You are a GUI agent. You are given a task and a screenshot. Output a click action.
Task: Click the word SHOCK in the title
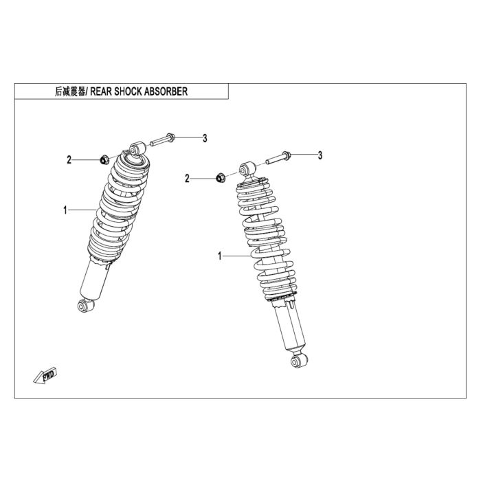point(128,91)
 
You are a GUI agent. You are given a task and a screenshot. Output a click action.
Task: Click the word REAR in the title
point(101,91)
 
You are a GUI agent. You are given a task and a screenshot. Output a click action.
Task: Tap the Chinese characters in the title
point(70,91)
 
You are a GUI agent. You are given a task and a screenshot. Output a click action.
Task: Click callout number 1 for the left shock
point(65,210)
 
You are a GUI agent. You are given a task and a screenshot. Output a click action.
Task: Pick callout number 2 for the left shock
point(69,160)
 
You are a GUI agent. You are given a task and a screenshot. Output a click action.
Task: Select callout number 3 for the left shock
point(205,138)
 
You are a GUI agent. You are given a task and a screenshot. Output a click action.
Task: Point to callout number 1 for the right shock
point(220,256)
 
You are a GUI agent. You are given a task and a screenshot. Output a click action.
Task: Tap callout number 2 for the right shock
point(187,179)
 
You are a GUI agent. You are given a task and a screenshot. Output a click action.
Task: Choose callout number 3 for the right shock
point(320,155)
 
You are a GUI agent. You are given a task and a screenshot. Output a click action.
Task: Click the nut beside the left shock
point(104,160)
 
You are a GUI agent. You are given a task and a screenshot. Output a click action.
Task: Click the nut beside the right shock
point(221,178)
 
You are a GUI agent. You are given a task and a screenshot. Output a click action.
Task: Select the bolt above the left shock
point(163,140)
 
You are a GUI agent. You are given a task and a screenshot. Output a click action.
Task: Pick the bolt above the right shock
point(278,157)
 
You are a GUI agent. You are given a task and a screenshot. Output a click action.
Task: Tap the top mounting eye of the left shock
point(137,148)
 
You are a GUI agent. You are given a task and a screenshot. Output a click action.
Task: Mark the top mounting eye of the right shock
point(247,169)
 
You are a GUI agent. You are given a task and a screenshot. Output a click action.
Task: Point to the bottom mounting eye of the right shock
point(300,361)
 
